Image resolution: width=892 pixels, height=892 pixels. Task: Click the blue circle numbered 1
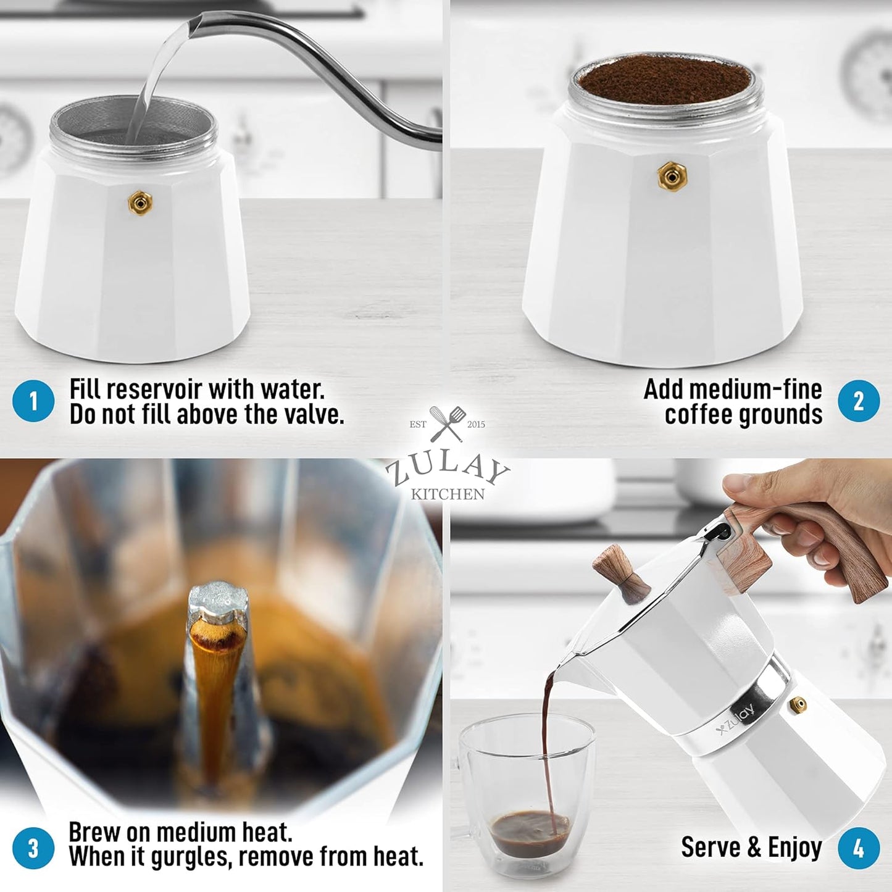(33, 402)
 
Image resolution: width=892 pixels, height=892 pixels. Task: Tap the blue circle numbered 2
(858, 401)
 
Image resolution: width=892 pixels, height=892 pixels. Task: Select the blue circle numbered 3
(33, 848)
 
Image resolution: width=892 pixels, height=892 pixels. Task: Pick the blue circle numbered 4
(858, 848)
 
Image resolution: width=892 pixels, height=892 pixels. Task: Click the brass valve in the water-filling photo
(140, 202)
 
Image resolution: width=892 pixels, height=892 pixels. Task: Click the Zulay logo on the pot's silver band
(736, 719)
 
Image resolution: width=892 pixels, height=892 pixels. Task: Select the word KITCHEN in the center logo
(448, 494)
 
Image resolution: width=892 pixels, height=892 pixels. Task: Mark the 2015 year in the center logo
(476, 425)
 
